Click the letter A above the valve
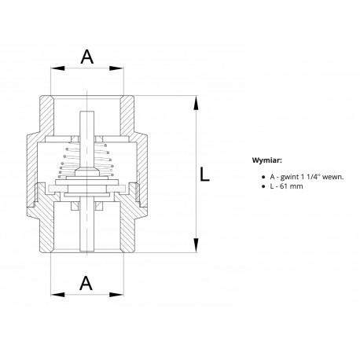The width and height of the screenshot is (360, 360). pos(87,57)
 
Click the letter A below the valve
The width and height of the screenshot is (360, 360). pos(86,283)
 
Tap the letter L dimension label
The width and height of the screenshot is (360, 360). pos(204,174)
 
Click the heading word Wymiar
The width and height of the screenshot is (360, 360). pos(267,160)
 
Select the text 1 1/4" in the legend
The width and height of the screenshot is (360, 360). pos(310,177)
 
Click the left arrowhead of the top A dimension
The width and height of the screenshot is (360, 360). pos(57,68)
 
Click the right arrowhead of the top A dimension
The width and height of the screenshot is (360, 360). pos(116,68)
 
